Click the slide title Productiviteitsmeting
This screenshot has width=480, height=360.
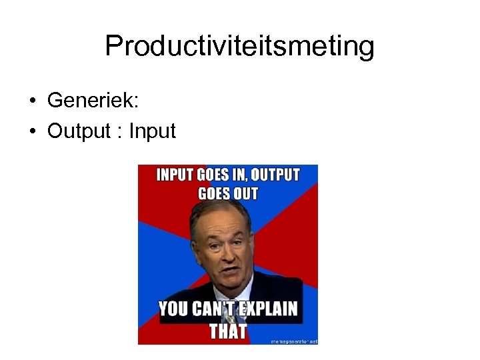239,47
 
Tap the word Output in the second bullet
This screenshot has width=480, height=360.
79,131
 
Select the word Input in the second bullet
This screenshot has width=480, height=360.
152,131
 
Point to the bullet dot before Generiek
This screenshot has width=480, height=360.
32,101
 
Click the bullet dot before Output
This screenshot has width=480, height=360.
32,131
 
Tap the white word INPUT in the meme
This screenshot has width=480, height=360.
174,176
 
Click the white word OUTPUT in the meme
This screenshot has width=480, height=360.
275,176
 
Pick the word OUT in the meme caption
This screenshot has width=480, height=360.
245,194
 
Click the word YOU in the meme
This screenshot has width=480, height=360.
173,310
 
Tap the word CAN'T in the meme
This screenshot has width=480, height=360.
213,310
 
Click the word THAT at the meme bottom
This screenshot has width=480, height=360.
228,331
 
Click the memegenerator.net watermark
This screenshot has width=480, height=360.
293,341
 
